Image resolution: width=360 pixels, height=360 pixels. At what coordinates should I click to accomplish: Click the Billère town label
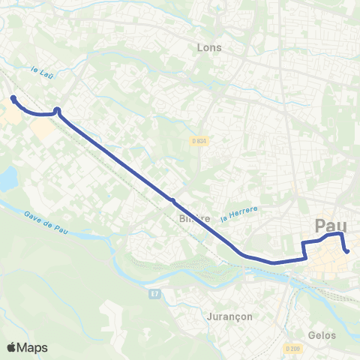point(193,219)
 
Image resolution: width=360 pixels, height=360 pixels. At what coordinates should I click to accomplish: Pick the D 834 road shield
point(197,141)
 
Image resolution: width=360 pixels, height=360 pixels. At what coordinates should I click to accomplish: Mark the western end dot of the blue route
point(13,98)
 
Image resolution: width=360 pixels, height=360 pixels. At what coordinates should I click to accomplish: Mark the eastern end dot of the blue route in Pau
point(348,251)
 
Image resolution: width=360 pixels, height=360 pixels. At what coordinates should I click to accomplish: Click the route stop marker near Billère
point(172,200)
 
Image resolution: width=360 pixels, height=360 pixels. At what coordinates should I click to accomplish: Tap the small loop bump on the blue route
point(57,110)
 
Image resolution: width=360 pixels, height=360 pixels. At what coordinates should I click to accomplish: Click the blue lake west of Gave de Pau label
point(7,178)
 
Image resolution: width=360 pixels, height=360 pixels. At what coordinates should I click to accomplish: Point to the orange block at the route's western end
point(10,115)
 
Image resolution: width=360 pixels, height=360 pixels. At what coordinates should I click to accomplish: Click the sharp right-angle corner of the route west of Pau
point(306,259)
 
